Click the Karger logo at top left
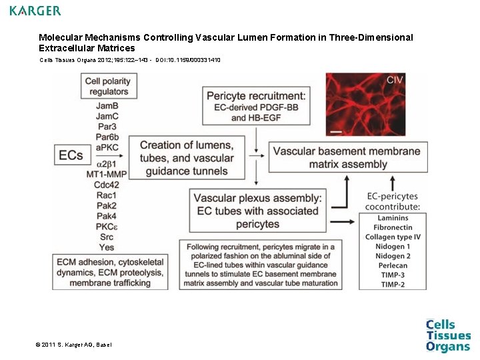[35, 11]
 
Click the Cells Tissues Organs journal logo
[448, 335]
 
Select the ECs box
[71, 155]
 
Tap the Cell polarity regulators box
[107, 86]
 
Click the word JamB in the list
[107, 105]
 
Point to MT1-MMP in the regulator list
[107, 175]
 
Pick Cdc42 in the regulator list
[107, 185]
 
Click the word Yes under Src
[106, 247]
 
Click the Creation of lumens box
[187, 158]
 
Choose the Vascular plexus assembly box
[257, 211]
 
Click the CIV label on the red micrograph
[395, 80]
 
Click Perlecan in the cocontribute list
[393, 265]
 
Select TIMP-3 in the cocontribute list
[393, 275]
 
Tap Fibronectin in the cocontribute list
[393, 227]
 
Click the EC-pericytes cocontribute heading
[393, 201]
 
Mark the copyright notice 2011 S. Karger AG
[74, 345]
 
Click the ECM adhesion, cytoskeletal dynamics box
[110, 273]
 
